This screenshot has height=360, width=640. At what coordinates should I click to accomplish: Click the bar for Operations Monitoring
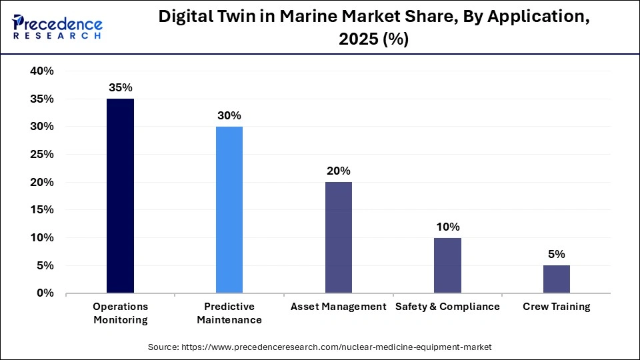(121, 196)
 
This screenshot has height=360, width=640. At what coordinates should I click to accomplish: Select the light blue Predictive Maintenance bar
(229, 210)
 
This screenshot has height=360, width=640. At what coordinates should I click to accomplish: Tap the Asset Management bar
(338, 237)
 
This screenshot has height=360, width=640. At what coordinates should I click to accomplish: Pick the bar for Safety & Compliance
(447, 265)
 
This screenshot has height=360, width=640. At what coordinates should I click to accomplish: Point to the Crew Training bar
(556, 279)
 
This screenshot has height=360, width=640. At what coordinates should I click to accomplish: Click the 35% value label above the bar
(121, 87)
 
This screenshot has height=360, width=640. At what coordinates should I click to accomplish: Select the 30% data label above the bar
(229, 115)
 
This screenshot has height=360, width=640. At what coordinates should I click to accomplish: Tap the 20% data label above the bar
(338, 171)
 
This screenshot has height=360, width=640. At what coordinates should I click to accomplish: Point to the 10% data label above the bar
(447, 227)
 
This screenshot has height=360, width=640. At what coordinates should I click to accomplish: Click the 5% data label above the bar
(556, 254)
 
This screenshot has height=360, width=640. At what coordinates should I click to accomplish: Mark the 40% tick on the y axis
(42, 71)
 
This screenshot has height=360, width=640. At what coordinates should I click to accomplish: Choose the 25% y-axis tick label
(42, 155)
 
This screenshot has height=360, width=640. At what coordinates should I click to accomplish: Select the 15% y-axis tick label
(42, 210)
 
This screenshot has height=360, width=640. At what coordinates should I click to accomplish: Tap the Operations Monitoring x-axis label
(121, 313)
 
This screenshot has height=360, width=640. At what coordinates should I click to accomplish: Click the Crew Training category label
(556, 307)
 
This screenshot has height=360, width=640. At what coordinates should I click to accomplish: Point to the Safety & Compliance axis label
(447, 307)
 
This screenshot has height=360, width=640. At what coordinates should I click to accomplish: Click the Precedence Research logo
(56, 27)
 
